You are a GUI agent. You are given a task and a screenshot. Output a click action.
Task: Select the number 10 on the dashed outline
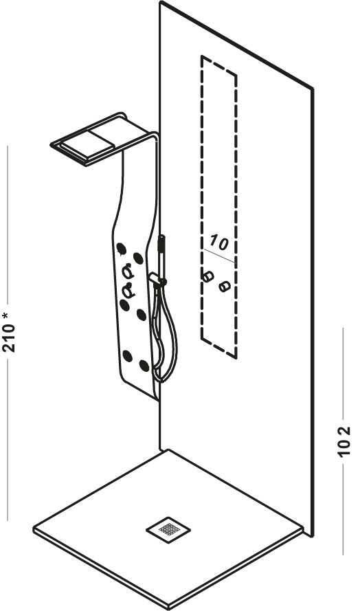pos(218,243)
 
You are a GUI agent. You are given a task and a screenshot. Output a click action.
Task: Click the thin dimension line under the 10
pos(219,255)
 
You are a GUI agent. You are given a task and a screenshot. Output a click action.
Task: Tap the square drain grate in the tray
pos(168,529)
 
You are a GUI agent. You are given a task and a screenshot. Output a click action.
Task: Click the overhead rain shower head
pos(100,139)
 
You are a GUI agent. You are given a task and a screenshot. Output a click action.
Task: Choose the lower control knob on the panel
pos(128,290)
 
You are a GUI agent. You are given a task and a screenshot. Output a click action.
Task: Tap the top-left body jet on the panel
pos(121,248)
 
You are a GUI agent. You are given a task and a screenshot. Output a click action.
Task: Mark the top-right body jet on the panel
pos(137,258)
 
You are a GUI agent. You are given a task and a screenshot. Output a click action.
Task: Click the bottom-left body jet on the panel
pos(127,355)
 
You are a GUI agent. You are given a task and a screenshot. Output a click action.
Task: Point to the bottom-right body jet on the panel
pos(144,366)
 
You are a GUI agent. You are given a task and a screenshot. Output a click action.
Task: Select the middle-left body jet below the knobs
pos(124,305)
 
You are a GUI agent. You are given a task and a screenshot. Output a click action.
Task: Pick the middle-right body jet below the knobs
pos(142,315)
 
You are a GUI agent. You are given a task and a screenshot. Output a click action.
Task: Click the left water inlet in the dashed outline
pos(208,276)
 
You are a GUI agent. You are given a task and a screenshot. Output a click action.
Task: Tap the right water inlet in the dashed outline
pos(225,287)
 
